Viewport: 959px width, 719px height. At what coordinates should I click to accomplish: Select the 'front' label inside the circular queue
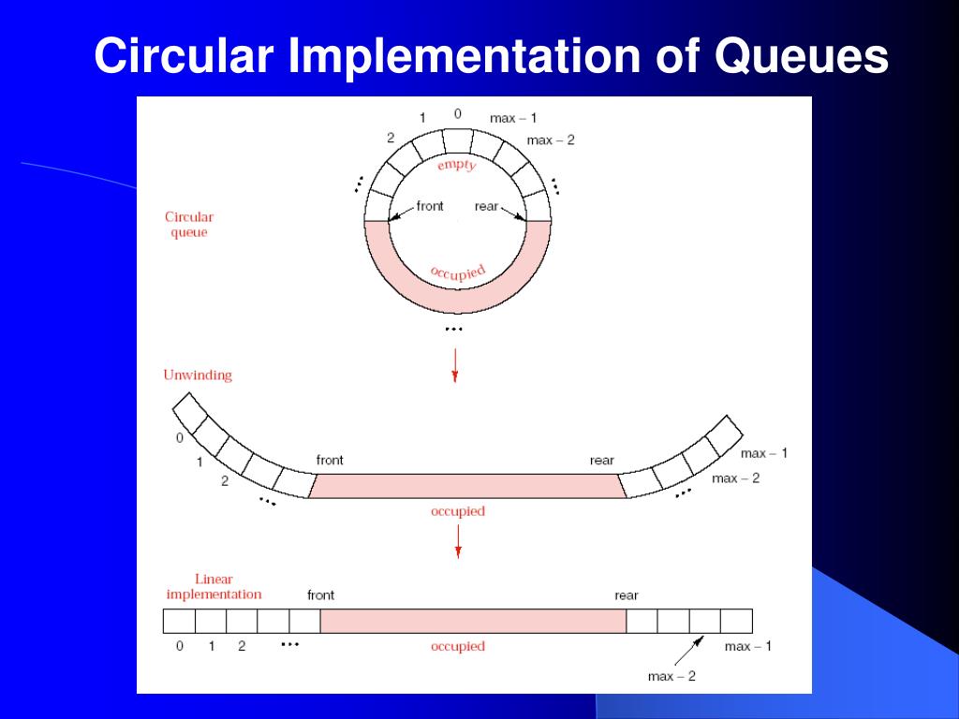[x=430, y=206]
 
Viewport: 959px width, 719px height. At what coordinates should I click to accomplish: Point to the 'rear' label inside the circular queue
[x=486, y=206]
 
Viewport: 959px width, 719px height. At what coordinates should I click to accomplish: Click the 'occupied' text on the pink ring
[x=458, y=272]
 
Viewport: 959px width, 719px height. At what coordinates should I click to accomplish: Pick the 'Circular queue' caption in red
[x=189, y=225]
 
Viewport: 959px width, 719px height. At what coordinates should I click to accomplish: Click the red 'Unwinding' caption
[x=198, y=374]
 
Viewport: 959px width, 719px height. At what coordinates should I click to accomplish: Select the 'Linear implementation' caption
[x=214, y=587]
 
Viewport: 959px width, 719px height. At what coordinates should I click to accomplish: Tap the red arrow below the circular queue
[x=455, y=364]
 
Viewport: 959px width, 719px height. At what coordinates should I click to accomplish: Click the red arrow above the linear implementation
[x=457, y=540]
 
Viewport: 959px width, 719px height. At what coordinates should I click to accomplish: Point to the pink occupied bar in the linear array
[x=473, y=621]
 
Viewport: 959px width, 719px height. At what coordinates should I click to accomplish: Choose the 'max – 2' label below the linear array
[x=671, y=676]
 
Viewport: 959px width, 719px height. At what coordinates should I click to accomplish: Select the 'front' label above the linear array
[x=320, y=595]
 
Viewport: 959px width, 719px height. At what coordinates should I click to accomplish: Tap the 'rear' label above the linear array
[x=627, y=595]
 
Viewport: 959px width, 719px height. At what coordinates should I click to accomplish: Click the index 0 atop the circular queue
[x=457, y=114]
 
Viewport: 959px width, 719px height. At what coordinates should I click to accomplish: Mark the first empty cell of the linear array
[x=179, y=621]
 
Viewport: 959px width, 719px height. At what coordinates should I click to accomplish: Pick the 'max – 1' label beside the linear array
[x=748, y=647]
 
